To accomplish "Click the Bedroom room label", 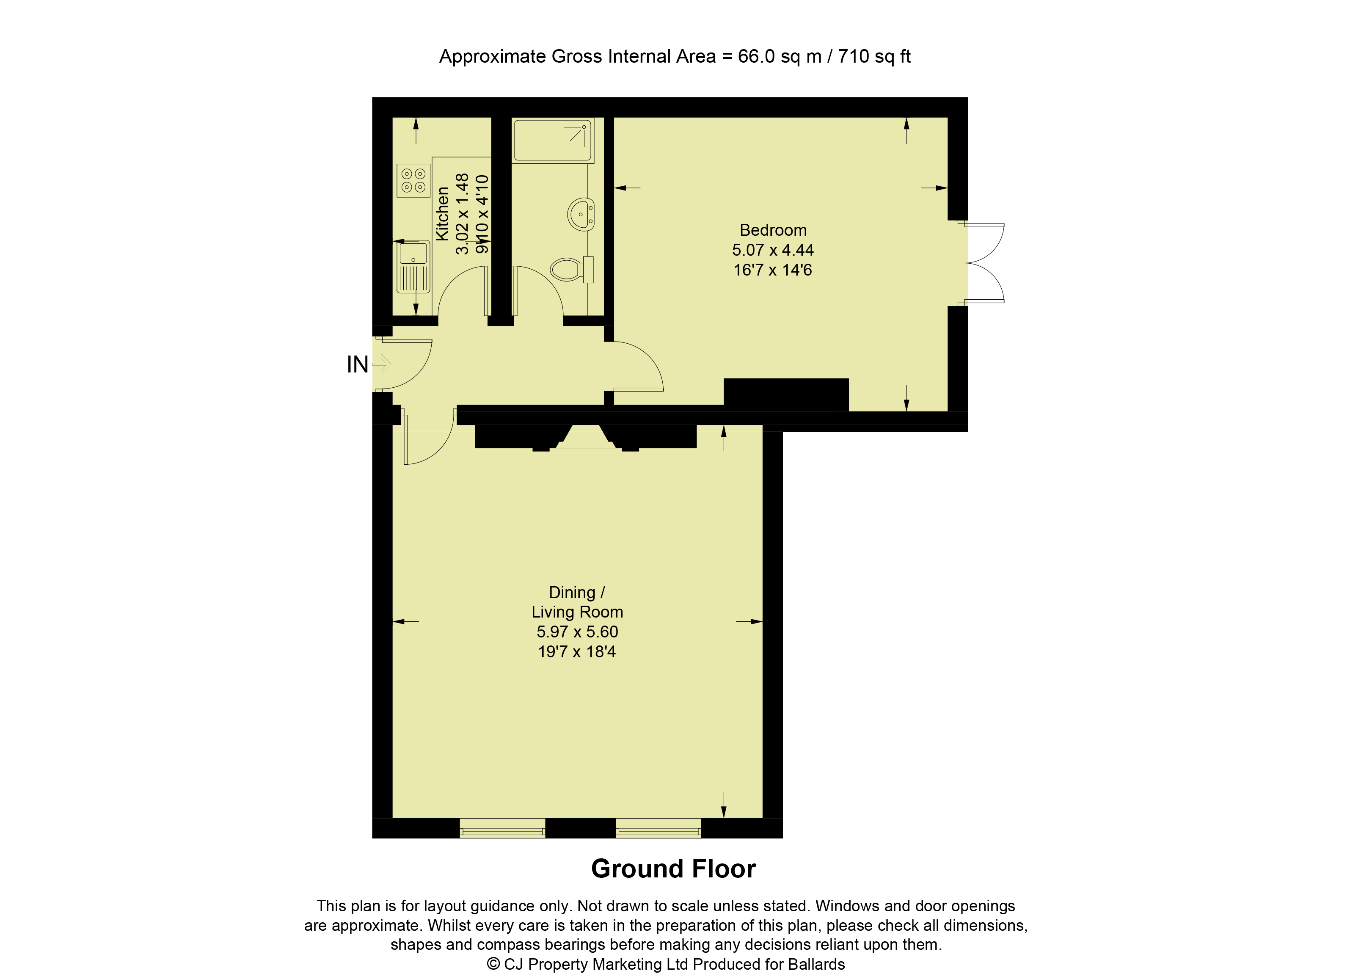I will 773,230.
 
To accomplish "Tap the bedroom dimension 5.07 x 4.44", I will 773,250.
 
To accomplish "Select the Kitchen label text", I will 442,214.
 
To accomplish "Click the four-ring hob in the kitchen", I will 413,180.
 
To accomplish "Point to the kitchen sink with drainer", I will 413,266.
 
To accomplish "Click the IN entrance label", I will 357,364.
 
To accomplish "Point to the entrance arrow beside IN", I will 382,364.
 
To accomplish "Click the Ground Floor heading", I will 673,869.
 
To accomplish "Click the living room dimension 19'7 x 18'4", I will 576,652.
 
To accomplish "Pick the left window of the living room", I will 502,828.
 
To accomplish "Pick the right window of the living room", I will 658,828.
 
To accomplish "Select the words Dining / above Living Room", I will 576,593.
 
